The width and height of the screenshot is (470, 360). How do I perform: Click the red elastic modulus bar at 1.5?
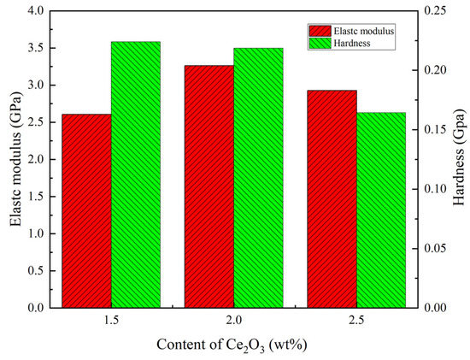point(86,210)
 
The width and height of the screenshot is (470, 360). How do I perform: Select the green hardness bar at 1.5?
point(136,174)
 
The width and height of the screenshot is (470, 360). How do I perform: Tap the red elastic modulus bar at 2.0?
point(209,186)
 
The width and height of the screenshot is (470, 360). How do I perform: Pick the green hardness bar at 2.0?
point(258,177)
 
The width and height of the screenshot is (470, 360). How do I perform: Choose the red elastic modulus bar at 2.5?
point(332,198)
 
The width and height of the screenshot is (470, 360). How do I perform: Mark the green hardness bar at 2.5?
point(381,210)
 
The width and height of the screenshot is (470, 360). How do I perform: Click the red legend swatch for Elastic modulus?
point(320,30)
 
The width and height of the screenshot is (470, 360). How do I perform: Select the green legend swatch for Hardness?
point(320,42)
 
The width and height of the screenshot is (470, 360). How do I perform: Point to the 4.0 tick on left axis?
point(35,11)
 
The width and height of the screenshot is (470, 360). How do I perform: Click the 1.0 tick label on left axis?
point(35,233)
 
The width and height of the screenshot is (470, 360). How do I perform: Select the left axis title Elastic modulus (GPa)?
point(15,159)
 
